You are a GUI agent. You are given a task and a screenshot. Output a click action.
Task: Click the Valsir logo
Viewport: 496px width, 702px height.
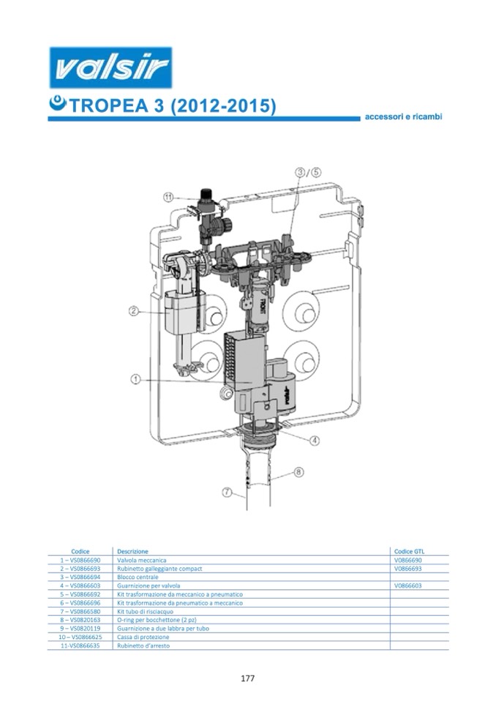pyautogui.click(x=110, y=67)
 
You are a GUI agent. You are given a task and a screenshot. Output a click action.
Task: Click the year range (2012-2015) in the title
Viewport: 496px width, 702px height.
pyautogui.click(x=223, y=106)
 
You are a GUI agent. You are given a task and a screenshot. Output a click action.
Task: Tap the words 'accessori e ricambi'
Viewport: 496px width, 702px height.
pyautogui.click(x=403, y=116)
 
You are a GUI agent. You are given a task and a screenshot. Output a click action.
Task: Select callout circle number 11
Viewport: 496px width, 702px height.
pyautogui.click(x=168, y=197)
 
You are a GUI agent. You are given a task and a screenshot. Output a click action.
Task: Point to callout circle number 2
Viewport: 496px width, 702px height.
pyautogui.click(x=133, y=310)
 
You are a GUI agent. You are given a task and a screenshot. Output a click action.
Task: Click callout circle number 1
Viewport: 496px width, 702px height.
pyautogui.click(x=135, y=380)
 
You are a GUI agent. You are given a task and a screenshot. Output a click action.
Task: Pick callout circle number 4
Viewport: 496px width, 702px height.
pyautogui.click(x=315, y=441)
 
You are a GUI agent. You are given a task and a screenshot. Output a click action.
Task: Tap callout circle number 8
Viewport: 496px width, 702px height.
pyautogui.click(x=298, y=472)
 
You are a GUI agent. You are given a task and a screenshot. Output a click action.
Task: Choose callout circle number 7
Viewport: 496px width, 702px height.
pyautogui.click(x=228, y=493)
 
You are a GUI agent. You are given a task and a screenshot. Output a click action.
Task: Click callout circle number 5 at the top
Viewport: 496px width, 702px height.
pyautogui.click(x=316, y=172)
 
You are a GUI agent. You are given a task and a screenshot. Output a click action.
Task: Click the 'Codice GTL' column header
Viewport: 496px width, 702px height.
pyautogui.click(x=409, y=551)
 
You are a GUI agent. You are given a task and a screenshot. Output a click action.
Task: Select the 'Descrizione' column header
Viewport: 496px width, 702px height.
pyautogui.click(x=132, y=551)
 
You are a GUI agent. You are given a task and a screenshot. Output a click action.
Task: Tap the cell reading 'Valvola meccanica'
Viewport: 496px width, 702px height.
pyautogui.click(x=141, y=560)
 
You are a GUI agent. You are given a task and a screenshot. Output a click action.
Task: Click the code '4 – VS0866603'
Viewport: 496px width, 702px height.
pyautogui.click(x=80, y=586)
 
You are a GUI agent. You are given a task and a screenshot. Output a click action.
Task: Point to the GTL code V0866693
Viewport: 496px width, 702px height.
pyautogui.click(x=408, y=569)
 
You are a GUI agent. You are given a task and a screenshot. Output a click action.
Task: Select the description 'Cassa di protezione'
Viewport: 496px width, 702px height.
pyautogui.click(x=143, y=637)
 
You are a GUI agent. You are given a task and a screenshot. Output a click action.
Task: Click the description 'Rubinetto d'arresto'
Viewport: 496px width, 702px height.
pyautogui.click(x=143, y=646)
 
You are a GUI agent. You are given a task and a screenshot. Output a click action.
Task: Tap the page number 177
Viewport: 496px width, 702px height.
pyautogui.click(x=248, y=679)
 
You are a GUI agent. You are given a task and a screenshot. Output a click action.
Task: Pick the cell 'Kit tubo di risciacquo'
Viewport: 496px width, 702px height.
pyautogui.click(x=145, y=611)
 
